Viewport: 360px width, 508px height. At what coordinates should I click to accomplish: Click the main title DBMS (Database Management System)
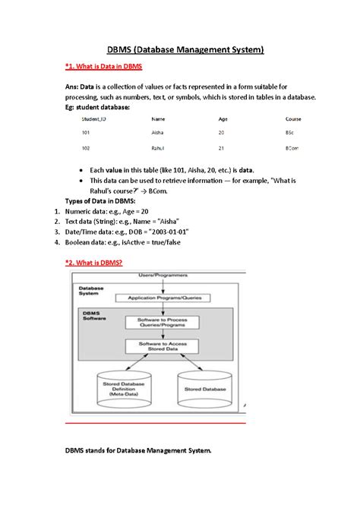pyautogui.click(x=179, y=50)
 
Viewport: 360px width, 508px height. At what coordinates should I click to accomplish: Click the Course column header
pyautogui.click(x=293, y=119)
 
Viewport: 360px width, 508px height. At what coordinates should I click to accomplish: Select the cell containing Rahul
pyautogui.click(x=159, y=148)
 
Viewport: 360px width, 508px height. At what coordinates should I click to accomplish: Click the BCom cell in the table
pyautogui.click(x=292, y=148)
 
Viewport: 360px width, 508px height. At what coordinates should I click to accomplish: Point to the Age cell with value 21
pyautogui.click(x=222, y=148)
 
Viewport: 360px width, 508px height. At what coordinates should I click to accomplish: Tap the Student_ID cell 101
pyautogui.click(x=86, y=133)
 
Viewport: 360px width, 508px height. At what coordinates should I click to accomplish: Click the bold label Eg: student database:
pyautogui.click(x=97, y=108)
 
